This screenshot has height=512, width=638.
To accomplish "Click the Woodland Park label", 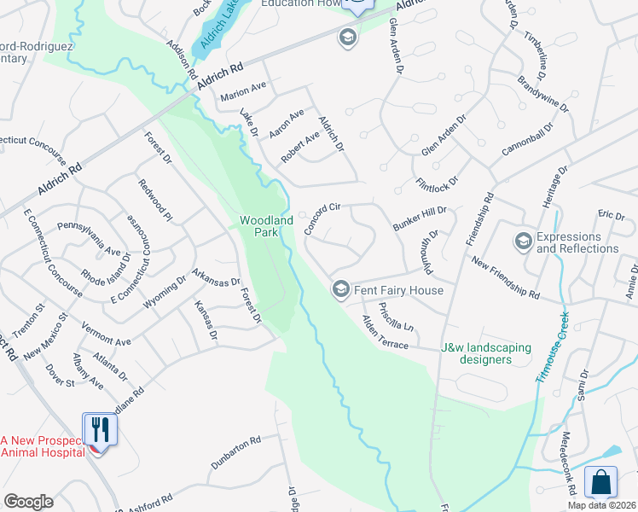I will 266,226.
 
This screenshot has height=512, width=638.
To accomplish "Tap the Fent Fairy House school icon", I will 340,290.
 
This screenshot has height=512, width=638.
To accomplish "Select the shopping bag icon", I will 600,482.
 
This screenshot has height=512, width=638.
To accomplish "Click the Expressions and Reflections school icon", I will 522,242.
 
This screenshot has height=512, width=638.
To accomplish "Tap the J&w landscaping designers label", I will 485,354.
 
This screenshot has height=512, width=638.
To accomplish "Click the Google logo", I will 28,502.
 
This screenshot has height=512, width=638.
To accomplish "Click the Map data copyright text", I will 602,505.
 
